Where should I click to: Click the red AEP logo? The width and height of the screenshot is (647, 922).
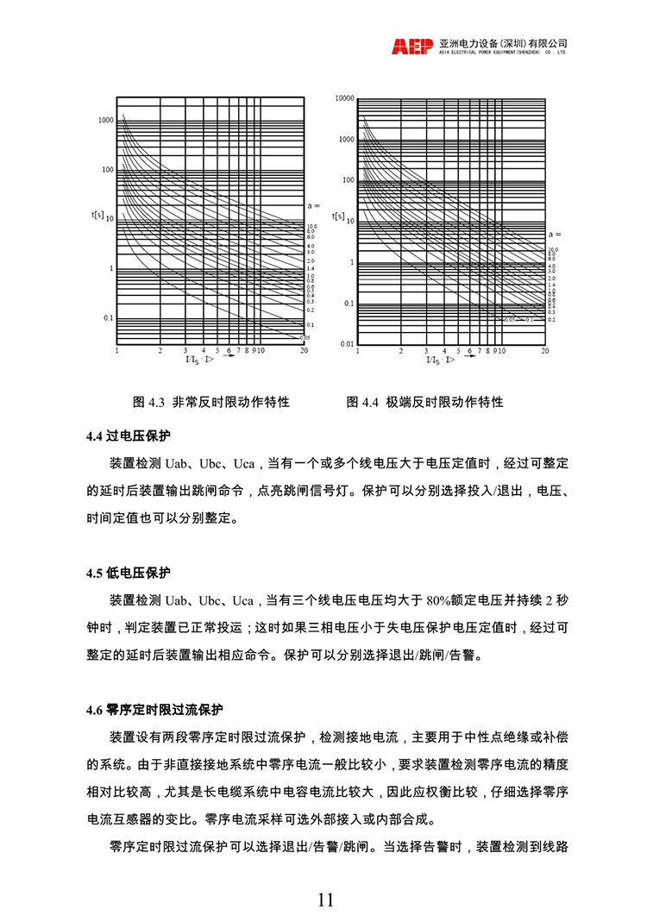click(x=412, y=47)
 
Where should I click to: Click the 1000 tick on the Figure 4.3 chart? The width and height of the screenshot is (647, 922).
click(x=105, y=120)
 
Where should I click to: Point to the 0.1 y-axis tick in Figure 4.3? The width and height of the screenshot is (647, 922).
click(x=108, y=318)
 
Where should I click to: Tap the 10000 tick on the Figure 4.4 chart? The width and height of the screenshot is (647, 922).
click(x=344, y=98)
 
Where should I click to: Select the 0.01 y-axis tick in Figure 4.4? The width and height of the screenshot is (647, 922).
click(x=346, y=343)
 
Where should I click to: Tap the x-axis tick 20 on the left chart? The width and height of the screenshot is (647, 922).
click(x=304, y=351)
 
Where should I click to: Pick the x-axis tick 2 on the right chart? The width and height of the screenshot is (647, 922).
click(x=400, y=351)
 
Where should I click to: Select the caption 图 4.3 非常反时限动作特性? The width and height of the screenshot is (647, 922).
click(x=210, y=402)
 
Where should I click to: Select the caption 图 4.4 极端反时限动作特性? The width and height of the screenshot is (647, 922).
click(x=424, y=402)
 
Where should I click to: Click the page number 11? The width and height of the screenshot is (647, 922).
click(x=325, y=900)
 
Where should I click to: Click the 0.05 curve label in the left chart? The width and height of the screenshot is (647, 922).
click(x=305, y=337)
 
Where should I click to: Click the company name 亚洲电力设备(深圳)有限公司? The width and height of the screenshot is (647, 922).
click(x=502, y=43)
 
